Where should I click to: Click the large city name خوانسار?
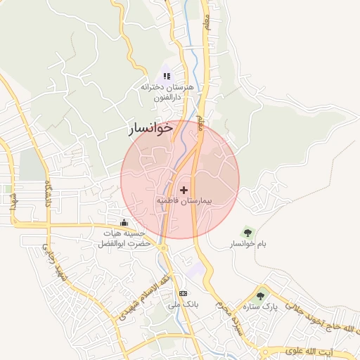coord(150,129)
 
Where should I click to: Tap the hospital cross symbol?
coord(184,190)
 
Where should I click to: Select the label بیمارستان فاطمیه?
coord(184,201)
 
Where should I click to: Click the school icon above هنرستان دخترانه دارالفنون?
coord(167,75)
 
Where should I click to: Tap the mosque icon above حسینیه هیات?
coord(124,223)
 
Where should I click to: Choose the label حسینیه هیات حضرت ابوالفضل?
coord(125,238)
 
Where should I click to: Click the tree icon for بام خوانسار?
coord(246,231)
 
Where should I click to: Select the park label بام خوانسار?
coord(247,243)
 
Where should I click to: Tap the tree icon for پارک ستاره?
coord(261,296)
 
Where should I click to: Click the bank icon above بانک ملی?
coord(184,293)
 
